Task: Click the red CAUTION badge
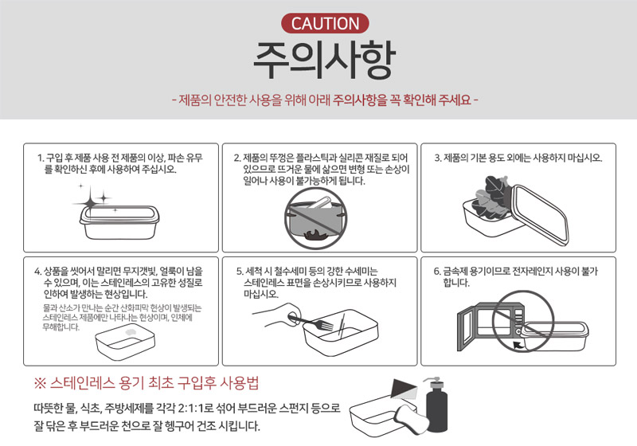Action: pyautogui.click(x=325, y=24)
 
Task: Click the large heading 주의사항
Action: pyautogui.click(x=324, y=60)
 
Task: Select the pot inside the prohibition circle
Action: pyautogui.click(x=315, y=218)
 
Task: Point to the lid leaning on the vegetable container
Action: pyautogui.click(x=541, y=215)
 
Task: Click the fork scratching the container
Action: pyautogui.click(x=311, y=322)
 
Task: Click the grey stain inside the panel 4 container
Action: pyautogui.click(x=131, y=333)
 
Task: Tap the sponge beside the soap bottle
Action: pyautogui.click(x=411, y=419)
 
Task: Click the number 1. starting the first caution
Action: pyautogui.click(x=41, y=158)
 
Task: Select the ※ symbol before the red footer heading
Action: pyautogui.click(x=41, y=383)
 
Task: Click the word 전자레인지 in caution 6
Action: pyautogui.click(x=532, y=271)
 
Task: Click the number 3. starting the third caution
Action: pyautogui.click(x=438, y=158)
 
